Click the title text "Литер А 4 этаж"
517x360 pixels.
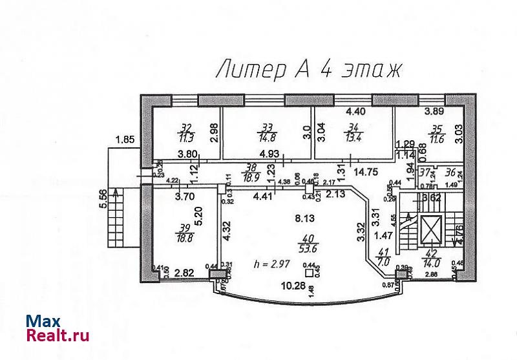click(308, 69)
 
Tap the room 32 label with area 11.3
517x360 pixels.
click(187, 132)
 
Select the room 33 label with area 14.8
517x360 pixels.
click(266, 132)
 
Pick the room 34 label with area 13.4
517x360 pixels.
click(352, 132)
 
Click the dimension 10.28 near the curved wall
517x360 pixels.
click(290, 286)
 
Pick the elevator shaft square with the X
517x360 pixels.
click(430, 229)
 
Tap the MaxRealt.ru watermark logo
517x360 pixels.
click(58, 328)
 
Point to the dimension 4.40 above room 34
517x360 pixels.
click(355, 111)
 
